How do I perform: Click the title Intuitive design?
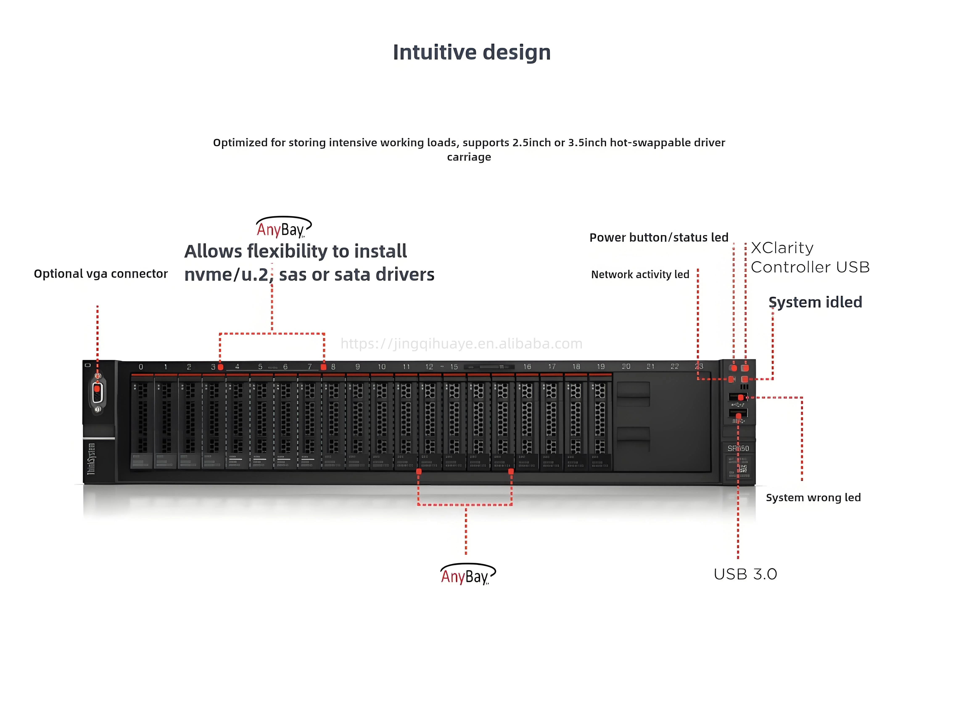point(472,53)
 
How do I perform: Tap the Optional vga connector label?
point(101,274)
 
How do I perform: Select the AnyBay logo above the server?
point(283,228)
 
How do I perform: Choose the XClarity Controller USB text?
point(810,258)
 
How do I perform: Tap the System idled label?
point(815,302)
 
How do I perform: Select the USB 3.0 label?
point(745,574)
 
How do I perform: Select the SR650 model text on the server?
point(738,449)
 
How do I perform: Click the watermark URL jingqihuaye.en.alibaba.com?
point(461,344)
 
